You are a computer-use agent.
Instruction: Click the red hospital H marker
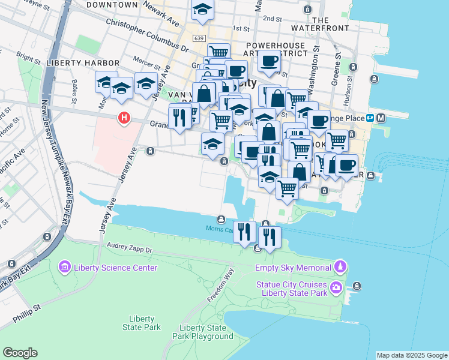(124, 118)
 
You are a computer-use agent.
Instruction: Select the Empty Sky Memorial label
(293, 268)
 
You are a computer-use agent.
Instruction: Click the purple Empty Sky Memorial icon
(340, 266)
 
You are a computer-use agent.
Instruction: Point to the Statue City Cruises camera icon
(336, 287)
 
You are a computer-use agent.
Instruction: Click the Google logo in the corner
(20, 353)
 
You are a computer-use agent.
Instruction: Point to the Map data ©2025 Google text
(412, 355)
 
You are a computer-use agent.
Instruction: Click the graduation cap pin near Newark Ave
(202, 10)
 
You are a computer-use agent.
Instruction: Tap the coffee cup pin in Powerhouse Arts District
(270, 61)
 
